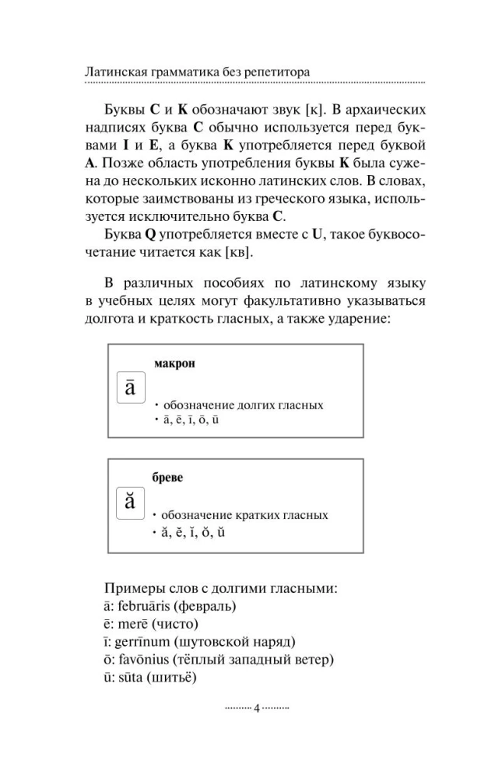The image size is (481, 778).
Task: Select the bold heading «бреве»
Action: click(167, 477)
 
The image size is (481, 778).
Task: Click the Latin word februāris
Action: click(146, 605)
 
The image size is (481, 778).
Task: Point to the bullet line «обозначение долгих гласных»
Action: click(243, 405)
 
